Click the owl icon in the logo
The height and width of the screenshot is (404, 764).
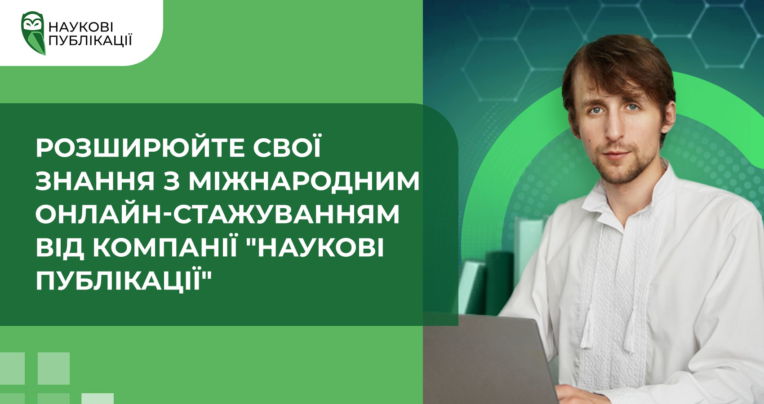[33, 33]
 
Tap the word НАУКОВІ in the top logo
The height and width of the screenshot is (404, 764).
[81, 27]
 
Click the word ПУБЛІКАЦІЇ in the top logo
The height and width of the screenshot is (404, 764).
[90, 40]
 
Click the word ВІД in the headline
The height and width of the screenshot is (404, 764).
[60, 248]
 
